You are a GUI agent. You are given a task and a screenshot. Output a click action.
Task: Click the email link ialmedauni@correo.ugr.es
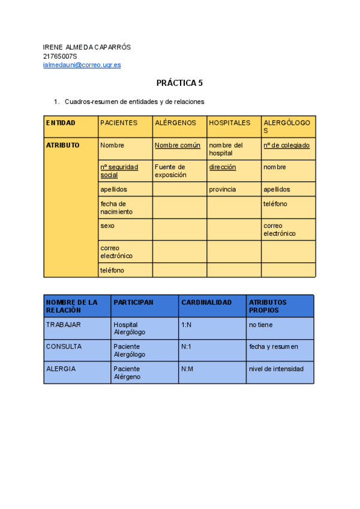[82, 65]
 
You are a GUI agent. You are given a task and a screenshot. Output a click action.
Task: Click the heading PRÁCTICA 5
[179, 83]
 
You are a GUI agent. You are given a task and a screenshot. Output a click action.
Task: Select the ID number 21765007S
[60, 56]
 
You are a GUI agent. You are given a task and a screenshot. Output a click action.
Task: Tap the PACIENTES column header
[119, 123]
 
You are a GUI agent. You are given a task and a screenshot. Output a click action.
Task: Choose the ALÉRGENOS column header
[175, 123]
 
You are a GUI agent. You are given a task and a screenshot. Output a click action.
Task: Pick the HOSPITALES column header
[230, 123]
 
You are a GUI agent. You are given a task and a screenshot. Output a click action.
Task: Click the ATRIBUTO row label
[62, 145]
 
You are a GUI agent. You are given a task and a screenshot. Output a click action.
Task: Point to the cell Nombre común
[178, 145]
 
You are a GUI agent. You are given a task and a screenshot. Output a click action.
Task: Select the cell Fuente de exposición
[170, 171]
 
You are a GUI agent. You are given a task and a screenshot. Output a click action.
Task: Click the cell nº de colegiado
[286, 145]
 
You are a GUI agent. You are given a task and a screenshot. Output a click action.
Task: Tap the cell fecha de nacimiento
[117, 208]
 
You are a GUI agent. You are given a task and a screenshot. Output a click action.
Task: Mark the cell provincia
[223, 190]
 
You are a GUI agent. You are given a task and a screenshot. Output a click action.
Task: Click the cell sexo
[107, 226]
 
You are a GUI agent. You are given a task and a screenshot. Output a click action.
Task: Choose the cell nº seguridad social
[119, 171]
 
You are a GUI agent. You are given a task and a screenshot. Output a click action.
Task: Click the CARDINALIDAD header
[206, 303]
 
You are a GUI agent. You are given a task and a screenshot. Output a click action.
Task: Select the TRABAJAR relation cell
[64, 325]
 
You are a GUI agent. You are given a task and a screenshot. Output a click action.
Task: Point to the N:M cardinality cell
[187, 369]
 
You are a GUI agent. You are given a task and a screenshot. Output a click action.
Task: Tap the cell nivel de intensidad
[276, 369]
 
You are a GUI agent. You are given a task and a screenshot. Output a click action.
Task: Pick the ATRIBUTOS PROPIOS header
[268, 306]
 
